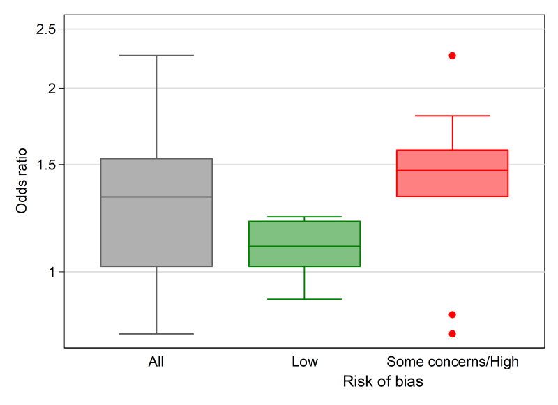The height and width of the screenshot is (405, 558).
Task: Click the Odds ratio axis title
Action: pos(22,181)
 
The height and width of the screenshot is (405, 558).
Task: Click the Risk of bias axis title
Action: pos(383,382)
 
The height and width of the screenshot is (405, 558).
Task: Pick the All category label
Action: pos(156,362)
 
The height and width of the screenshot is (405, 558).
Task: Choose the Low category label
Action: pos(305,362)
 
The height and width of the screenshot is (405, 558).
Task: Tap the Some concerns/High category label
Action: pos(453,362)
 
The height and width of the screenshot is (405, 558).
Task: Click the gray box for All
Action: pos(156,230)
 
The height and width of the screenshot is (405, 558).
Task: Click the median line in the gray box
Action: pos(156,197)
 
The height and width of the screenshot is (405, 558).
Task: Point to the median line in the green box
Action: pos(305,246)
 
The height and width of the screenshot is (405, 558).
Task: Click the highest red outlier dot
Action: pos(452,55)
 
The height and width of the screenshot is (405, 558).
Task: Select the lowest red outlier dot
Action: pos(452,334)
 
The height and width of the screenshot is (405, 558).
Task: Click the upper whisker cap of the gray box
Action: pos(156,55)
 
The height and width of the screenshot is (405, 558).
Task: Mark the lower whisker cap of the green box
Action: pos(305,299)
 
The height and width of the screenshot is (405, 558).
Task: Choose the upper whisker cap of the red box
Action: pos(453,116)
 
